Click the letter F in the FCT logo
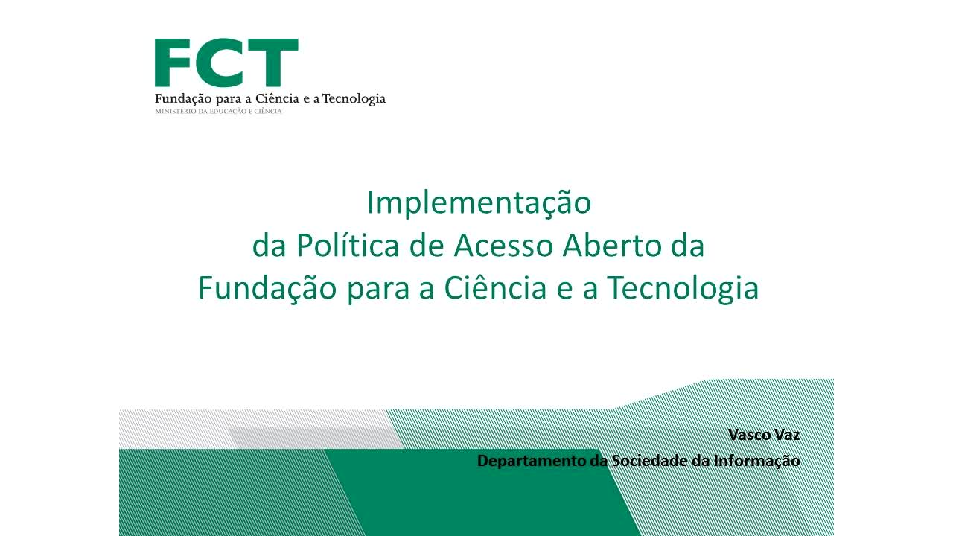point(173,63)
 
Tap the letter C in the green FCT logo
point(221,63)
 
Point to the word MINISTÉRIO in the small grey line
point(173,112)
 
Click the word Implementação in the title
point(478,202)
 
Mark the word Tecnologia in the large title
point(683,289)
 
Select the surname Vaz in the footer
point(786,435)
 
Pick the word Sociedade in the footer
point(649,461)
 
